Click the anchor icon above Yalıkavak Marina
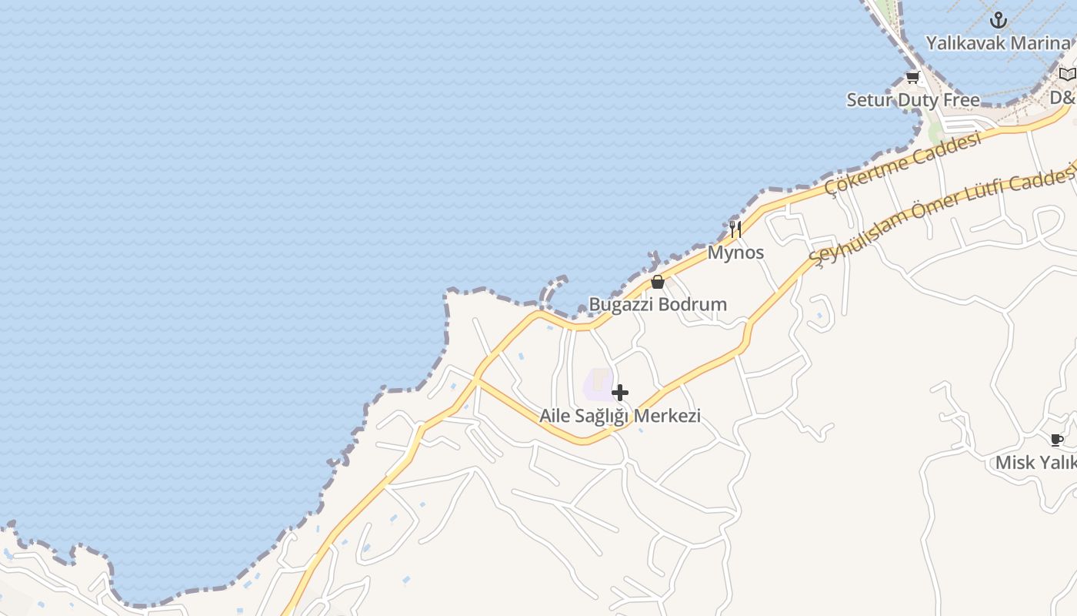tap(998, 20)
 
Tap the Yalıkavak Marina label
tap(997, 43)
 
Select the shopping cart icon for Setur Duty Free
tap(912, 77)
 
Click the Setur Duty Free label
tap(913, 100)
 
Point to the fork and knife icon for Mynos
tap(735, 229)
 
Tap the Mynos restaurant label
tap(735, 253)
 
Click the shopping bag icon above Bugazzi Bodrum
tap(657, 282)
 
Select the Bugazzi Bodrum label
tap(658, 304)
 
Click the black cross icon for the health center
tap(619, 393)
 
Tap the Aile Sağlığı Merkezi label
tap(619, 416)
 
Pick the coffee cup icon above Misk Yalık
tap(1057, 440)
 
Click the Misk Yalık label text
tap(1035, 463)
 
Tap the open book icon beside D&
tap(1066, 75)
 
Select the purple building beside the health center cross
tap(598, 383)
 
